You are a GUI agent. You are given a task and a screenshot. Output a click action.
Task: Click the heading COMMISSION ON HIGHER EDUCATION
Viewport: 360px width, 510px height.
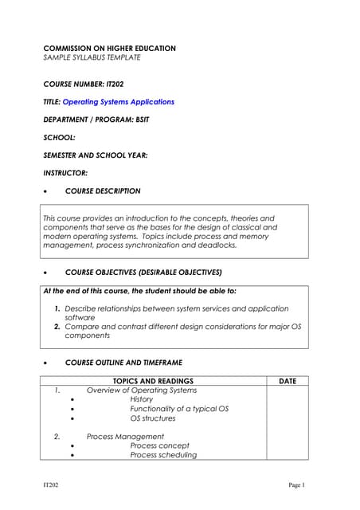click(x=109, y=49)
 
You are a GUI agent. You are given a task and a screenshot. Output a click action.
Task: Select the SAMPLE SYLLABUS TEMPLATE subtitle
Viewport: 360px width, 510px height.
click(x=92, y=58)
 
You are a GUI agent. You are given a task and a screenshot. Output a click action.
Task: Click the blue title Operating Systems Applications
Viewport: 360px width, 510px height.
click(x=118, y=102)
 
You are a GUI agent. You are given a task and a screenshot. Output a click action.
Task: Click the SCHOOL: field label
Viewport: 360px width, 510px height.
click(x=59, y=137)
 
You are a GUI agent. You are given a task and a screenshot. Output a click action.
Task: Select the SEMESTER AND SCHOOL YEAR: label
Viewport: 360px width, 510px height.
click(x=95, y=155)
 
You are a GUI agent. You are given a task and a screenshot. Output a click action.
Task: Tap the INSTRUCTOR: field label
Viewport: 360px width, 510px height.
click(x=65, y=172)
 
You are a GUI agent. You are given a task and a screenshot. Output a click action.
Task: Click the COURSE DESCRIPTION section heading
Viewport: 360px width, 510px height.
click(x=103, y=191)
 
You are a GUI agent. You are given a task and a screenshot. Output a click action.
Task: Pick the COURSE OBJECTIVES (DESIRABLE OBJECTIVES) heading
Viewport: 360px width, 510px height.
click(x=143, y=273)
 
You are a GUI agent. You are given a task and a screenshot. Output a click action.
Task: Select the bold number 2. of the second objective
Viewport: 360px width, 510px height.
click(x=57, y=327)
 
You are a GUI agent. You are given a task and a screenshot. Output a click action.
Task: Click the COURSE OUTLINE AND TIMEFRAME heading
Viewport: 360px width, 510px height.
click(x=123, y=363)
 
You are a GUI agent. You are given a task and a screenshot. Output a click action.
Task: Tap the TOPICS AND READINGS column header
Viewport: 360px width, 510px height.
click(x=153, y=381)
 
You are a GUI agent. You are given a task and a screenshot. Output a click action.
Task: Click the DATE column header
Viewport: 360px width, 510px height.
click(x=288, y=381)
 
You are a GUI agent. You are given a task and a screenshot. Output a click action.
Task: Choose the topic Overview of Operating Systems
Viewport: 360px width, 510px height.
click(x=141, y=390)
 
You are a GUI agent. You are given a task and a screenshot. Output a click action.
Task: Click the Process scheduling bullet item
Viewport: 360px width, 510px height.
click(x=162, y=455)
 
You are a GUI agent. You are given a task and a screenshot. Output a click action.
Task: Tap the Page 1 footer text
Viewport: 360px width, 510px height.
click(x=296, y=485)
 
